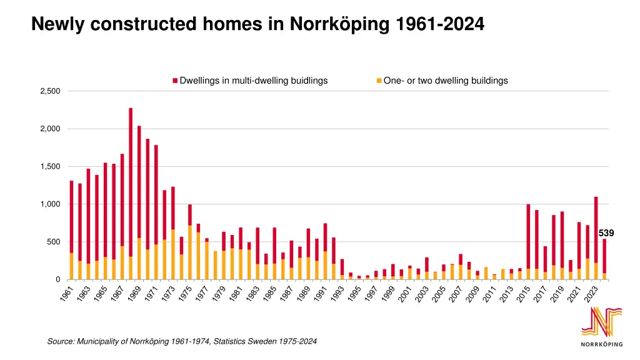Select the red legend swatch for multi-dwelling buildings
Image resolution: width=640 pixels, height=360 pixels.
click(x=175, y=81)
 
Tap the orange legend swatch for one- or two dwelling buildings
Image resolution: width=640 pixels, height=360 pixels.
click(x=379, y=81)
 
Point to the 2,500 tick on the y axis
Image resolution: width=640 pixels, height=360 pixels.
click(x=50, y=91)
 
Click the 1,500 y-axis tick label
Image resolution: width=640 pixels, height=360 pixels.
click(x=50, y=167)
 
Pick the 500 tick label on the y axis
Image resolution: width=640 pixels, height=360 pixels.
click(x=54, y=242)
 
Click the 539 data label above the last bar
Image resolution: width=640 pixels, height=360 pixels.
click(x=606, y=233)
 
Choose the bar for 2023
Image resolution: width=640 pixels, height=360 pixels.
click(x=596, y=237)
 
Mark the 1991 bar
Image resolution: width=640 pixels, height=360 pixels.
click(x=325, y=250)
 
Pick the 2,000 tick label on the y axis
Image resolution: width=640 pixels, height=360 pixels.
click(x=50, y=129)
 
